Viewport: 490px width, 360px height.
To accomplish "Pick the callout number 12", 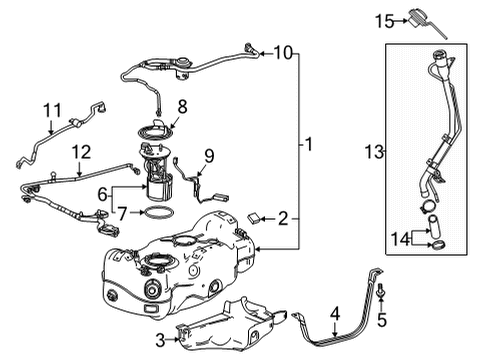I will [82, 151].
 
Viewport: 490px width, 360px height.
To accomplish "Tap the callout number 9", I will [209, 155].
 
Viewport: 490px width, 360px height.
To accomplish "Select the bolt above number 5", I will [381, 291].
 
